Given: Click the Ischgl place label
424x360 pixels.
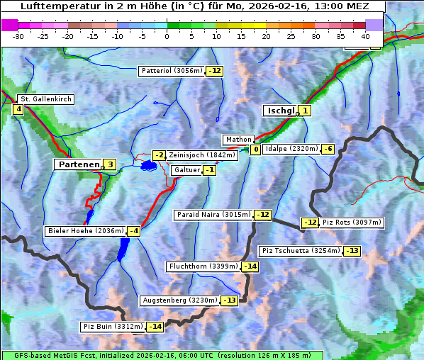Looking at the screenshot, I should pos(280,111).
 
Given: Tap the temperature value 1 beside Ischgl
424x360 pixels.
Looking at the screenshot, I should pos(304,111).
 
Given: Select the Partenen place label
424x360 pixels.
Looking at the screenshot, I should pos(78,164).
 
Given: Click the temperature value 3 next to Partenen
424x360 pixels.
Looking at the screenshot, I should pos(109,164).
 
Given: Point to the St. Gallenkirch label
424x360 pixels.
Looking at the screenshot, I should pos(45,99).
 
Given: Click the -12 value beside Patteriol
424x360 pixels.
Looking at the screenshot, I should pos(215,71).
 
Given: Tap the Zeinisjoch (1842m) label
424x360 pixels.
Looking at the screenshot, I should pos(201,155).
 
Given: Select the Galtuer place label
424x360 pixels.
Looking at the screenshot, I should pos(186,170).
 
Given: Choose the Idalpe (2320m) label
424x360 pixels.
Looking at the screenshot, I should pos(291,149).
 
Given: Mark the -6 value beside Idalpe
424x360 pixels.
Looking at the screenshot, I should pos(327,149).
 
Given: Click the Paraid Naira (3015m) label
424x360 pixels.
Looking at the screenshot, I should pos(213,214).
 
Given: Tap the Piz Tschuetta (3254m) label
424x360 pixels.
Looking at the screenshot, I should pos(301,251).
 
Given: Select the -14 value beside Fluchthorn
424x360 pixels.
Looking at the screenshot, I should pos(250,266).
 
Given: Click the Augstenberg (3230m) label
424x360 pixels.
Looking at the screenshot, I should pos(179,300).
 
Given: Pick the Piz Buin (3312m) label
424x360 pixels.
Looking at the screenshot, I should pos(113,327).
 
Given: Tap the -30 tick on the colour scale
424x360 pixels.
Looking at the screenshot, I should pos(18,35).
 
